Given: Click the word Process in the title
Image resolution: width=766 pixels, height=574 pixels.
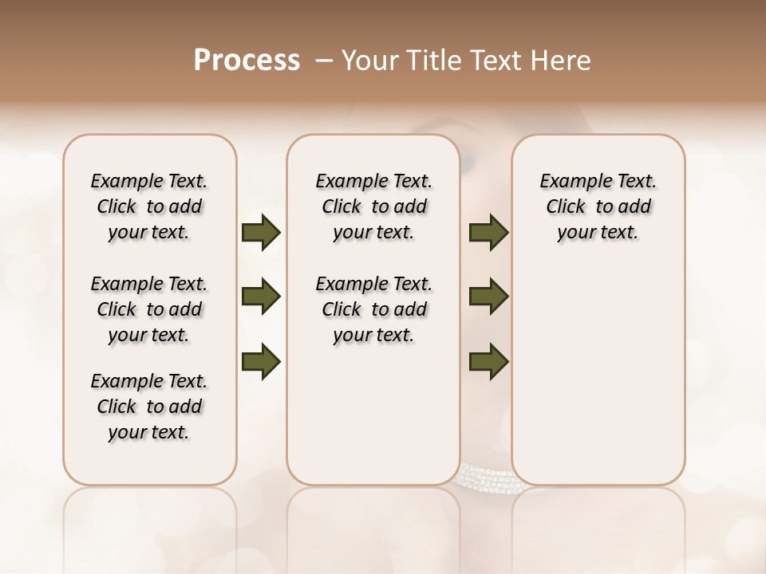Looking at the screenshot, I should pyautogui.click(x=247, y=61).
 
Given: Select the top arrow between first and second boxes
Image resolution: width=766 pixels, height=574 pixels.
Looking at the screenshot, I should pyautogui.click(x=261, y=233).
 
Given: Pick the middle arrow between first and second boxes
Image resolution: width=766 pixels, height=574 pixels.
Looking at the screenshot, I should pyautogui.click(x=261, y=297).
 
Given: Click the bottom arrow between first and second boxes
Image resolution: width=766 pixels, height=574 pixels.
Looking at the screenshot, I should pyautogui.click(x=261, y=361).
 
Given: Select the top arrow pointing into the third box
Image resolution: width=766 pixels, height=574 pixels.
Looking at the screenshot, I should pyautogui.click(x=488, y=233).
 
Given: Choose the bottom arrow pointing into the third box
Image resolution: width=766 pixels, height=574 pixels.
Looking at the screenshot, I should pyautogui.click(x=488, y=361).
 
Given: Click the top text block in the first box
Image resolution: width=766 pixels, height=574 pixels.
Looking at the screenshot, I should pyautogui.click(x=149, y=206).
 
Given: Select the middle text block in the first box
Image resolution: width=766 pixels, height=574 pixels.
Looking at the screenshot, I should pyautogui.click(x=149, y=309).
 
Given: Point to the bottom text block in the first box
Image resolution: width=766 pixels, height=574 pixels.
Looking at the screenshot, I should pyautogui.click(x=149, y=407).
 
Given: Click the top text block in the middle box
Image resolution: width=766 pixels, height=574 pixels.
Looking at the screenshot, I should pyautogui.click(x=373, y=206).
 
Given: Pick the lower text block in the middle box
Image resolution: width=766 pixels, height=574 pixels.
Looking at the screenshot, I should pyautogui.click(x=373, y=309).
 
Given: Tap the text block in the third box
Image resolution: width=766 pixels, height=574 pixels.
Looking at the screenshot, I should pyautogui.click(x=598, y=206).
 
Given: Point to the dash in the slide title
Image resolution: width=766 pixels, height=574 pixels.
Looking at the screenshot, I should pyautogui.click(x=324, y=61).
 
